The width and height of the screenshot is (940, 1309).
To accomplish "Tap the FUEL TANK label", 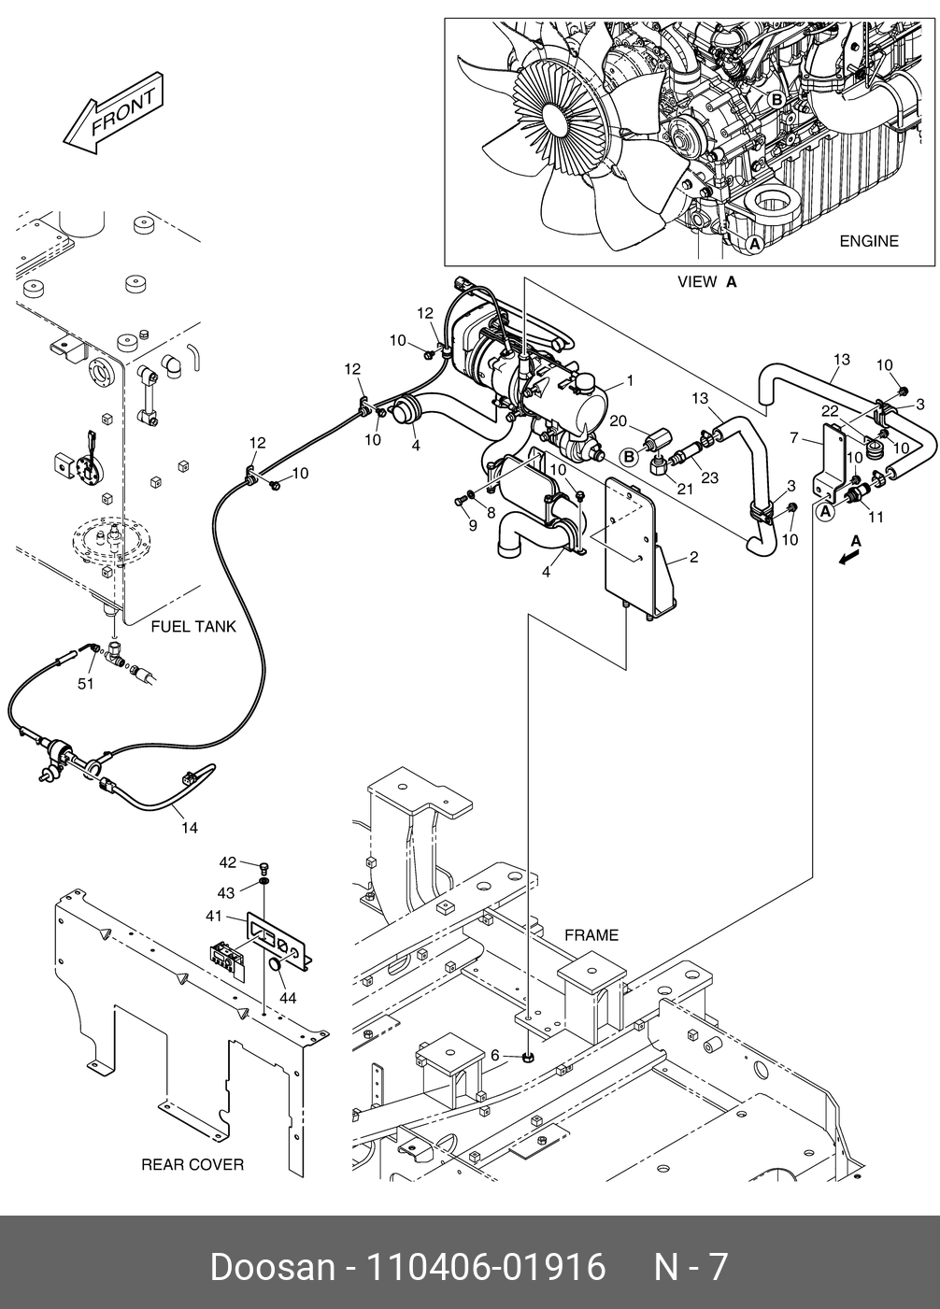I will (x=193, y=626).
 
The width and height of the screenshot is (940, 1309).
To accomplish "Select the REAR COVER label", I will (x=192, y=1164).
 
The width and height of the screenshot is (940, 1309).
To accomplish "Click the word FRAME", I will (x=591, y=935).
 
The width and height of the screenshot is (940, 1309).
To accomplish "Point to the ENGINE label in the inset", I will (x=868, y=241).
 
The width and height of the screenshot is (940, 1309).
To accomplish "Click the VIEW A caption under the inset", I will (x=707, y=281).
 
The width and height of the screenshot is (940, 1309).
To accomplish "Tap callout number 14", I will (x=190, y=827).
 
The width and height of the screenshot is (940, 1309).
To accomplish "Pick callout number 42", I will (x=227, y=862).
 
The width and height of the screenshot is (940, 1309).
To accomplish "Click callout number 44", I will (x=288, y=998).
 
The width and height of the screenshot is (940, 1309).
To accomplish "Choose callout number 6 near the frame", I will (x=494, y=1055).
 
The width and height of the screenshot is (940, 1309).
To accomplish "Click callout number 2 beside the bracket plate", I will (x=694, y=558).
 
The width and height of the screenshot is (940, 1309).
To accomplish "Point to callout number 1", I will (x=630, y=380).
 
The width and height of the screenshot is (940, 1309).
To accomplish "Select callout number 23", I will (x=709, y=477).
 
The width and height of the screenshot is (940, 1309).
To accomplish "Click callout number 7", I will (x=793, y=437).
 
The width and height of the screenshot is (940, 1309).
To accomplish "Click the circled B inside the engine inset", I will (x=776, y=99).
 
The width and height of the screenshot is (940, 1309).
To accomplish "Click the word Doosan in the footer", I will (x=272, y=1268).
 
